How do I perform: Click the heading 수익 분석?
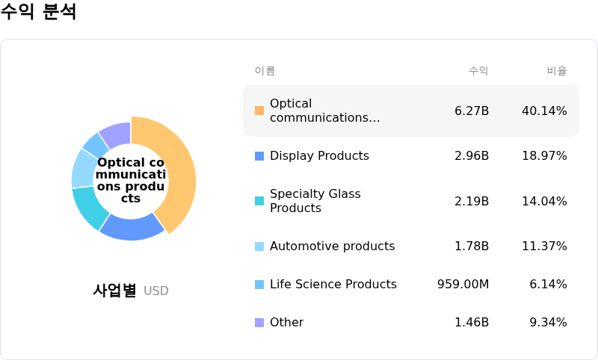(x=38, y=12)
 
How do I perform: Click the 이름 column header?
(x=265, y=71)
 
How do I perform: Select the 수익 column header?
(x=478, y=71)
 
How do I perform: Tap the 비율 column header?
(x=557, y=71)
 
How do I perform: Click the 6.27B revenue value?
(x=472, y=111)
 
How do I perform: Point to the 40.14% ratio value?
(x=544, y=111)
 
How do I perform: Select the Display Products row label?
(x=319, y=156)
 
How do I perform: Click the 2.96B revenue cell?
(x=472, y=156)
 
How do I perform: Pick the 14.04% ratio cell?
(x=544, y=201)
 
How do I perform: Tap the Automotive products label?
(x=332, y=246)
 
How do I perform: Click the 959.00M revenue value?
(x=463, y=285)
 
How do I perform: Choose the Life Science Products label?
(x=333, y=285)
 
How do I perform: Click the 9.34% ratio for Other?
(x=548, y=323)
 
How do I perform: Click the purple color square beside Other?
(x=259, y=323)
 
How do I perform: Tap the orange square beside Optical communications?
(x=259, y=111)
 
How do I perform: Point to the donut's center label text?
(x=131, y=180)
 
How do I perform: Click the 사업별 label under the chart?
(x=114, y=291)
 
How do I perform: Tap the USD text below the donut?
(x=156, y=291)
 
